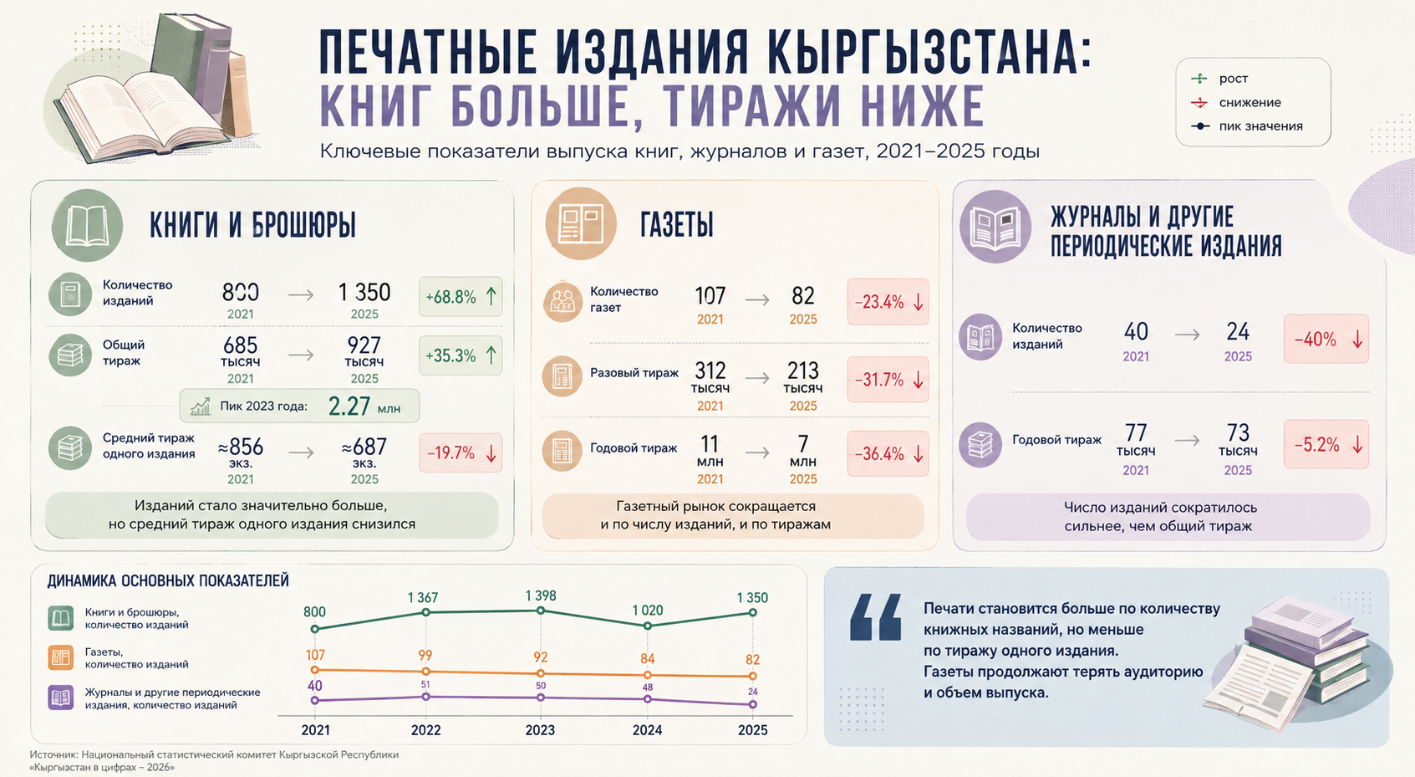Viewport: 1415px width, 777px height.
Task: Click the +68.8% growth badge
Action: coord(461,297)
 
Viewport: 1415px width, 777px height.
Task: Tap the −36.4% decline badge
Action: coord(888,453)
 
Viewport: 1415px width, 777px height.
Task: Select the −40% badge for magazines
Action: coord(1326,339)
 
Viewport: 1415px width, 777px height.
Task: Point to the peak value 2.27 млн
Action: coord(364,406)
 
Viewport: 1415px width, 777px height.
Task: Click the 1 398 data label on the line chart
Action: coord(540,596)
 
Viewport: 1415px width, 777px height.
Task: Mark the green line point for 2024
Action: coord(648,626)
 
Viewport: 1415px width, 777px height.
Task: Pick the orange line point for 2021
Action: coord(315,669)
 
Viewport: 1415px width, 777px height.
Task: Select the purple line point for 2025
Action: coord(752,703)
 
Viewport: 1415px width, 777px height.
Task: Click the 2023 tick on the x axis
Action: coord(540,730)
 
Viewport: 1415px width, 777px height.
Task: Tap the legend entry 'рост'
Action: coord(1219,79)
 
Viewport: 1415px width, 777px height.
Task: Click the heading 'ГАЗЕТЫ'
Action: coord(676,224)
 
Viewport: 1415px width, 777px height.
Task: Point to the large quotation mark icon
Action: coord(876,617)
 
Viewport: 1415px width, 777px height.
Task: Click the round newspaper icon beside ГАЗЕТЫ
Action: coord(581,224)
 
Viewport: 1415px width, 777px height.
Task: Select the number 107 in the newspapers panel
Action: coord(710,296)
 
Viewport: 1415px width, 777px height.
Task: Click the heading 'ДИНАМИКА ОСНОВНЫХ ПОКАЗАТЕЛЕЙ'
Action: coord(168,580)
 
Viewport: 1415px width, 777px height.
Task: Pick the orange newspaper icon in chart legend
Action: coord(61,657)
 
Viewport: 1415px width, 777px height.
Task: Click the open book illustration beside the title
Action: coord(142,114)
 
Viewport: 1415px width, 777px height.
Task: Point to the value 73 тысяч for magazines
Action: coord(1238,440)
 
